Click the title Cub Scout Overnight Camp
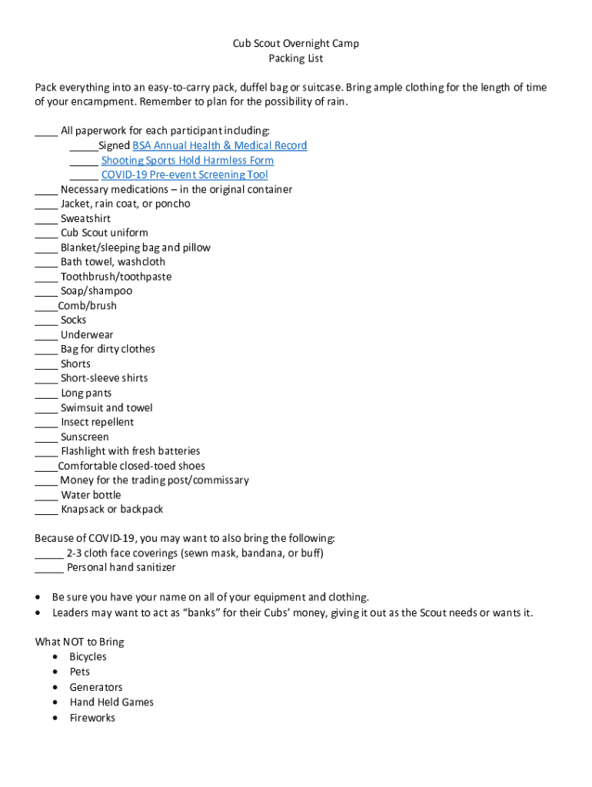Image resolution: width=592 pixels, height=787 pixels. click(296, 44)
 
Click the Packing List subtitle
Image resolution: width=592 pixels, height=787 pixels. click(296, 58)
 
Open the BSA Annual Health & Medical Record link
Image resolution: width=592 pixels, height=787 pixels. click(220, 145)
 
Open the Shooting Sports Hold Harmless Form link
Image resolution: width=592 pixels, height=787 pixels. click(188, 160)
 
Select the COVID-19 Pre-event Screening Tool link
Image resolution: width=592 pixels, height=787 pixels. click(185, 174)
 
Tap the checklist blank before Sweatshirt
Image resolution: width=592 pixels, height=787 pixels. click(46, 220)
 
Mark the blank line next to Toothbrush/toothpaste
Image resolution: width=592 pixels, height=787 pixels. click(46, 277)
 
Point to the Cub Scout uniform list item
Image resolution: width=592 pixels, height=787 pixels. click(105, 233)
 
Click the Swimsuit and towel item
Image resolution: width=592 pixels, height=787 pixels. click(107, 407)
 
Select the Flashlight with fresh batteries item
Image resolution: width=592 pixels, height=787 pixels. click(131, 451)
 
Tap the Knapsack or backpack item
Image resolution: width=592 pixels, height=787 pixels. click(112, 510)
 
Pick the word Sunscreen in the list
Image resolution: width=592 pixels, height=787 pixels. click(85, 437)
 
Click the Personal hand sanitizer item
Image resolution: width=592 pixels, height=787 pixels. click(121, 567)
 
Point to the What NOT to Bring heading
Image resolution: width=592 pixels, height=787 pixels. click(80, 642)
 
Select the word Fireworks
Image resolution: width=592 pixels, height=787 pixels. click(92, 718)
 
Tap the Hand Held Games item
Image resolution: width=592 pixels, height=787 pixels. click(111, 702)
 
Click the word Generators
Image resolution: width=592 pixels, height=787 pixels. click(96, 687)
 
